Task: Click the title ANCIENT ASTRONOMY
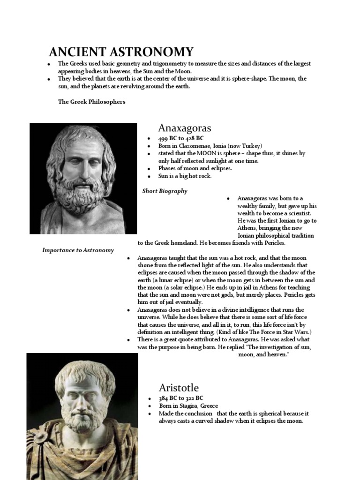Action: point(121,52)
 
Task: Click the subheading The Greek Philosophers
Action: point(91,102)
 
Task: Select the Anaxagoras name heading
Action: point(185,128)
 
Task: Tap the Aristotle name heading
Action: point(179,388)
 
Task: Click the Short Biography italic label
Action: point(165,191)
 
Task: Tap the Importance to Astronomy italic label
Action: point(78,250)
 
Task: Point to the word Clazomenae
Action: point(197,146)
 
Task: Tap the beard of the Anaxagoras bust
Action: point(81,192)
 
